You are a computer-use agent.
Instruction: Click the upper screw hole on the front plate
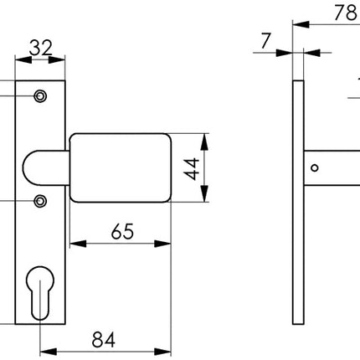pos(39,97)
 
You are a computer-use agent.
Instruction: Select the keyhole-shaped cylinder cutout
pos(40,290)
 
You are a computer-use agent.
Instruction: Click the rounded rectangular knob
pos(121,167)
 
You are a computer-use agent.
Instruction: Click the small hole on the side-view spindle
pos(314,168)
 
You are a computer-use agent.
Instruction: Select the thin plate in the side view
pos(297,201)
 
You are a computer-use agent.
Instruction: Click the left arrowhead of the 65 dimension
pos(74,244)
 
